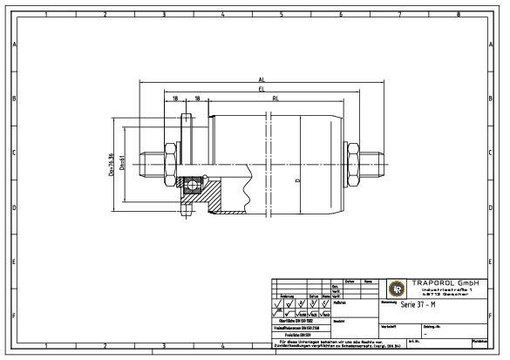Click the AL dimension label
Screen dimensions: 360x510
pos(261,78)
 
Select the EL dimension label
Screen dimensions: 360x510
pos(261,89)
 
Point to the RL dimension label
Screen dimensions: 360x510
pos(275,99)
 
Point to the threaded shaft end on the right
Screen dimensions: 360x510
pos(376,158)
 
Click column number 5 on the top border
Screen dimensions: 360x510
pos(282,14)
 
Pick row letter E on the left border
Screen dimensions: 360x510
pos(13,262)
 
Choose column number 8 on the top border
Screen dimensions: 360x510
pos(459,14)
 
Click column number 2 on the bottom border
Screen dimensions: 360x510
pos(104,346)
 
